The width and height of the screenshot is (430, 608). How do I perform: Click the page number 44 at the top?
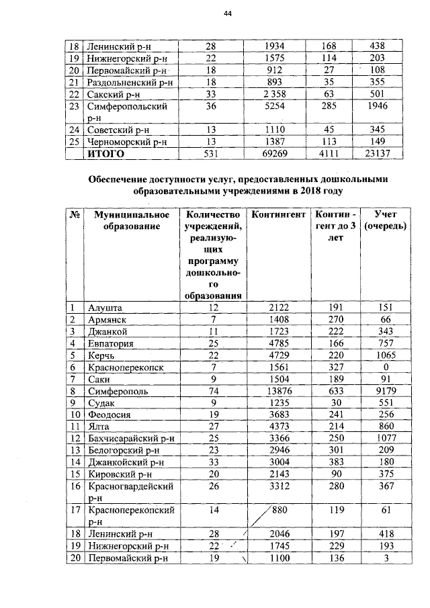(x=226, y=16)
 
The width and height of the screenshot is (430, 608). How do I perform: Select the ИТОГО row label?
(x=106, y=154)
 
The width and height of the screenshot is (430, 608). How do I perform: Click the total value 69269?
(x=275, y=154)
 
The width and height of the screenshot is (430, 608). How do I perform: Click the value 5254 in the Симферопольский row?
(x=275, y=106)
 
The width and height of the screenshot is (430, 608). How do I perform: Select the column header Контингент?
(x=275, y=215)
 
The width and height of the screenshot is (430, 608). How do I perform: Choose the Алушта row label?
(x=104, y=308)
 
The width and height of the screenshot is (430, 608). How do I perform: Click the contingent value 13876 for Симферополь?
(x=275, y=390)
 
